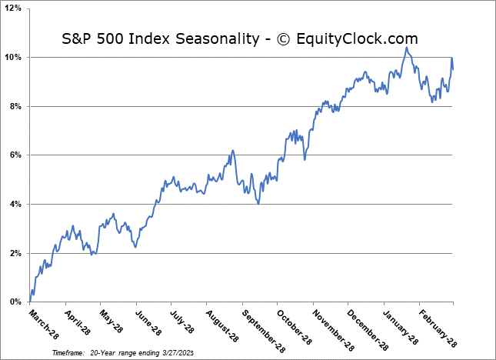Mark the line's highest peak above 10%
(406, 48)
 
